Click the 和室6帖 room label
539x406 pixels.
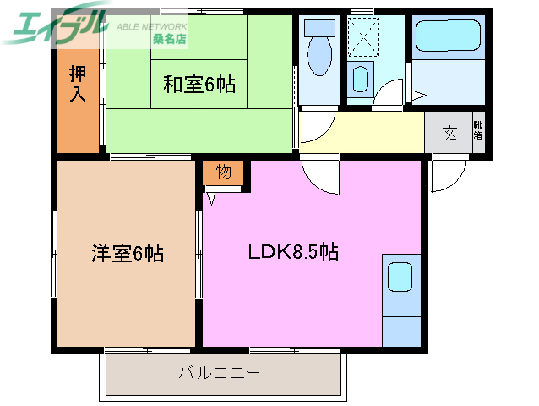[199, 84]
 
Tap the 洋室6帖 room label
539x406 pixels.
[128, 252]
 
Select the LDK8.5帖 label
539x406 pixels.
[292, 251]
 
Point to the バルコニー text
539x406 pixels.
[219, 372]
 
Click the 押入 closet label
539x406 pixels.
[77, 84]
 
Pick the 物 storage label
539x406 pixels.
[223, 173]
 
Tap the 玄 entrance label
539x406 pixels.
[449, 133]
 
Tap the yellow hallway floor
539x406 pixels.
[380, 133]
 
